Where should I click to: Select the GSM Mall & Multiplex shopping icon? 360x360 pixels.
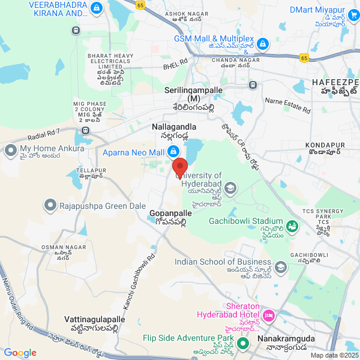coord(262,44)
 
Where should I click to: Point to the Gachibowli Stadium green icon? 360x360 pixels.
coord(292,226)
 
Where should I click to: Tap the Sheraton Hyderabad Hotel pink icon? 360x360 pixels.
coord(268,315)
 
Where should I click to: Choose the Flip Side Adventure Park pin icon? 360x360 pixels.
coord(243,344)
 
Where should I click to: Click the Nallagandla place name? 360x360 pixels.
coord(174,127)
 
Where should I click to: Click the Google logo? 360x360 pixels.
coord(20,353)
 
